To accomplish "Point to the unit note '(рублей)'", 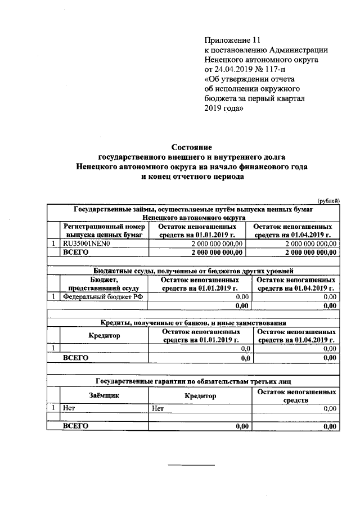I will [x=328, y=201].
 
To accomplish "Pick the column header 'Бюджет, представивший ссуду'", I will [x=104, y=283].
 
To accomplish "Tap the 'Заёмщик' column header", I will [x=105, y=395].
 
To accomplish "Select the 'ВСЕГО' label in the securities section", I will [x=76, y=253].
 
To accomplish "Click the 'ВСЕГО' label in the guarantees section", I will [x=76, y=426].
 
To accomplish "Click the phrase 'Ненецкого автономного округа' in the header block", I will [x=261, y=60].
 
